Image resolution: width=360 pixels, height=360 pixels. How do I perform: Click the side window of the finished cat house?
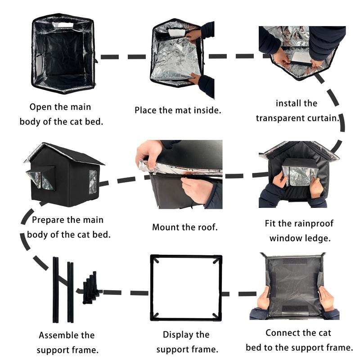(93, 182)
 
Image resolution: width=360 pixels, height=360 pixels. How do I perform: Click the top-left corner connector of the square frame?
(154, 259)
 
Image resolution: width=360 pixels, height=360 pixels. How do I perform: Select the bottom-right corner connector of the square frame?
(217, 315)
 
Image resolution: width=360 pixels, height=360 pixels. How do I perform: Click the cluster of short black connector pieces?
(91, 288)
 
